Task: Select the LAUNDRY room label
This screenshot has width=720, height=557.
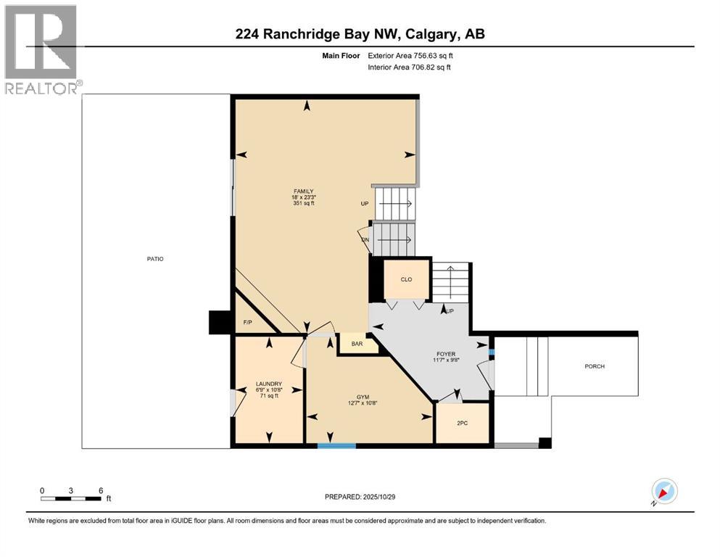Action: [268, 384]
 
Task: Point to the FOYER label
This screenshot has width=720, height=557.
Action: [445, 354]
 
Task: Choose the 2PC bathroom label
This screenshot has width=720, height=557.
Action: [462, 423]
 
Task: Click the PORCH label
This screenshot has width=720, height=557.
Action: [595, 366]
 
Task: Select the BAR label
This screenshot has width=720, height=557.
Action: [357, 344]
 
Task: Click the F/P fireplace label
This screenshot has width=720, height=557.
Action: [247, 322]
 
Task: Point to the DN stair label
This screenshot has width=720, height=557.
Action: [365, 240]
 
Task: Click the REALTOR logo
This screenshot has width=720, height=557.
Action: [41, 49]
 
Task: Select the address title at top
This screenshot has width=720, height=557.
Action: [360, 34]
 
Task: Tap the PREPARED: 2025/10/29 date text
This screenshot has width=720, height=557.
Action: [360, 497]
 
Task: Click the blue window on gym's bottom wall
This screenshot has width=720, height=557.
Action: [336, 445]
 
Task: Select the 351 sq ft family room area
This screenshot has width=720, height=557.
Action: [303, 203]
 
